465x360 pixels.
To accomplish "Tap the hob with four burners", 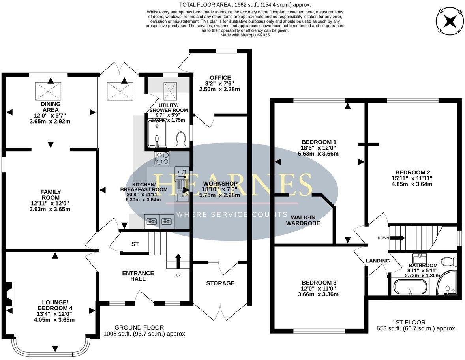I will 162,158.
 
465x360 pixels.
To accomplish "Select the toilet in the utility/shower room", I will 181,139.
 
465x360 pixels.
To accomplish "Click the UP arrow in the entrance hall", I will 177,260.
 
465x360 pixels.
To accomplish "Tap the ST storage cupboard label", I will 135,244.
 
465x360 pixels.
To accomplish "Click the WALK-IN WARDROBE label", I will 303,220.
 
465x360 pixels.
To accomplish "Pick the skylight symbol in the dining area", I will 49,91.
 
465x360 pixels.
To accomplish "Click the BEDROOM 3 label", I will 319,283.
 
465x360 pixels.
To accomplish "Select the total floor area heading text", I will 245,5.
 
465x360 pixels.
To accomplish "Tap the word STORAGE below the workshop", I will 220,283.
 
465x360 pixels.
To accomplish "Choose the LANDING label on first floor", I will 378,261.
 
